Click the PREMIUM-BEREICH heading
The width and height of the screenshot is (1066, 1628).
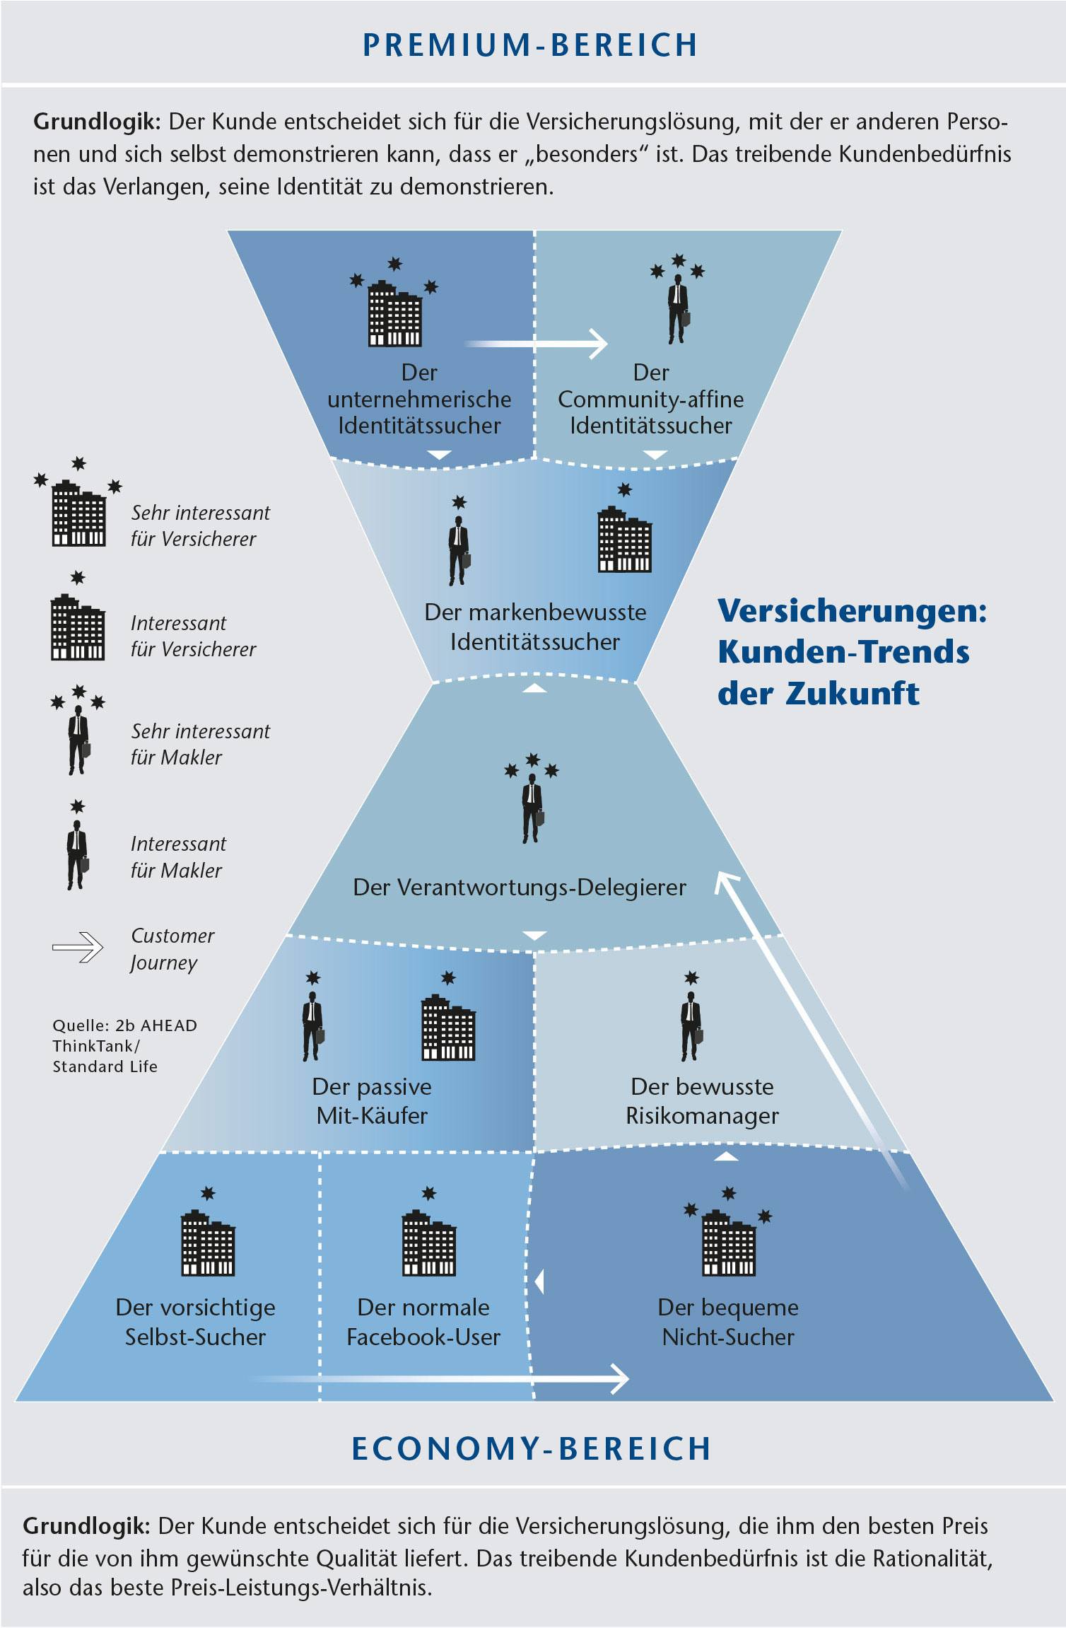530,45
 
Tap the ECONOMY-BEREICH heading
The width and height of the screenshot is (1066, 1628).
531,1448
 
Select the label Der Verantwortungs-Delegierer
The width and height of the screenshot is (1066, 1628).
520,888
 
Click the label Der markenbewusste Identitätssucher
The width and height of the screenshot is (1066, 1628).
535,627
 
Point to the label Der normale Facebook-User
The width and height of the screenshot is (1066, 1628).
423,1322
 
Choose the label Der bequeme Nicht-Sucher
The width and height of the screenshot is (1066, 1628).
728,1322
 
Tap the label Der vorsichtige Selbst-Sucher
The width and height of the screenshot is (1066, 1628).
195,1322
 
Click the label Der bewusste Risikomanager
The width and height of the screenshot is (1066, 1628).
702,1101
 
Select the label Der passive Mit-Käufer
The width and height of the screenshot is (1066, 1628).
372,1101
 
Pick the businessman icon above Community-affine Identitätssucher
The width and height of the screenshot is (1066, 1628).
678,308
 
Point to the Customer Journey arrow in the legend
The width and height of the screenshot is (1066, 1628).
78,948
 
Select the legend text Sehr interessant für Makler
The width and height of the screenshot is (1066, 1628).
200,744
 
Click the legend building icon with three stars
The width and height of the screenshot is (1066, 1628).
78,512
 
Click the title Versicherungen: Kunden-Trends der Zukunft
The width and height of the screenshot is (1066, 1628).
852,652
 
